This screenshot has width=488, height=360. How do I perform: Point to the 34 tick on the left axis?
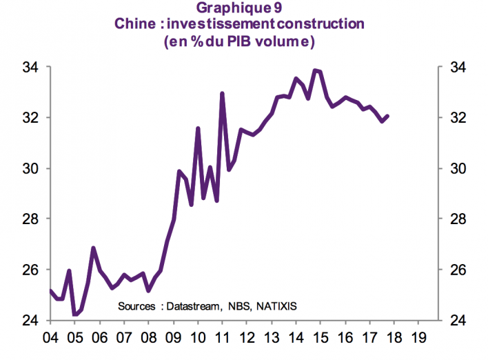(32, 68)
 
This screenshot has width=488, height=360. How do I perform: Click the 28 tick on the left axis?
(32, 219)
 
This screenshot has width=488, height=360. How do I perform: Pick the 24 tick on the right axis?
(458, 321)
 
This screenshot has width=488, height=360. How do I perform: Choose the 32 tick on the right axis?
(458, 118)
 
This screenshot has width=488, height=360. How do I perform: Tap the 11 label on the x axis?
(222, 338)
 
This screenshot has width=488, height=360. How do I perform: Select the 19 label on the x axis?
(418, 338)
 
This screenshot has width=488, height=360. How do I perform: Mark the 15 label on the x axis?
(320, 338)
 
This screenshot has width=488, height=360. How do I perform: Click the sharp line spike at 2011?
(222, 93)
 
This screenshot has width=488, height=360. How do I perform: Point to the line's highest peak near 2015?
(314, 70)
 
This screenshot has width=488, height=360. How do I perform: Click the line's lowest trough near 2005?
(74, 314)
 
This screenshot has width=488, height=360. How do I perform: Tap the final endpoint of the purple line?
(388, 116)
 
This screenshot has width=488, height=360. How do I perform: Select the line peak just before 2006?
(93, 248)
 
